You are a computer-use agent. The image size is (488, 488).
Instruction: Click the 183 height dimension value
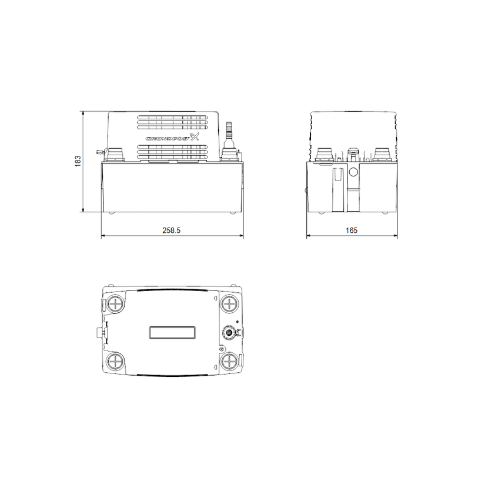pyautogui.click(x=78, y=161)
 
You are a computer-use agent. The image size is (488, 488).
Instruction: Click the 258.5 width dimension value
pyautogui.click(x=171, y=230)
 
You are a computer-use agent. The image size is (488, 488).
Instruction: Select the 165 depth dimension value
pyautogui.click(x=352, y=230)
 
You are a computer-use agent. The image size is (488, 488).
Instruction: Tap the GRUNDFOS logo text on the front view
pyautogui.click(x=168, y=139)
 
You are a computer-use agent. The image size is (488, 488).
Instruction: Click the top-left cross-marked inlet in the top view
pyautogui.click(x=115, y=303)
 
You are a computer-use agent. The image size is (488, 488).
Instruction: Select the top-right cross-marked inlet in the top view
pyautogui.click(x=229, y=303)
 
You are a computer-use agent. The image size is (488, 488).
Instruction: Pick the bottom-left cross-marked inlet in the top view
pyautogui.click(x=115, y=362)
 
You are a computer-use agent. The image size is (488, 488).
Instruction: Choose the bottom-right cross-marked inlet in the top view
pyautogui.click(x=229, y=362)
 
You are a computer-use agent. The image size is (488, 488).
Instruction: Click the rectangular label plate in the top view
pyautogui.click(x=172, y=332)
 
